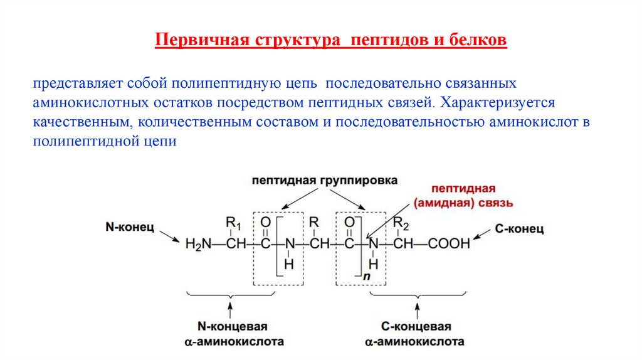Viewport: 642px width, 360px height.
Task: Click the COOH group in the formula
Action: click(x=450, y=243)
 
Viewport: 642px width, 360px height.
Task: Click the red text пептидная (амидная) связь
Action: click(x=463, y=196)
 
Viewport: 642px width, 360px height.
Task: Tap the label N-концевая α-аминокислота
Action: click(x=233, y=334)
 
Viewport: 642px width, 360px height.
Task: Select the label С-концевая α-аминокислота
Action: click(x=416, y=334)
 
